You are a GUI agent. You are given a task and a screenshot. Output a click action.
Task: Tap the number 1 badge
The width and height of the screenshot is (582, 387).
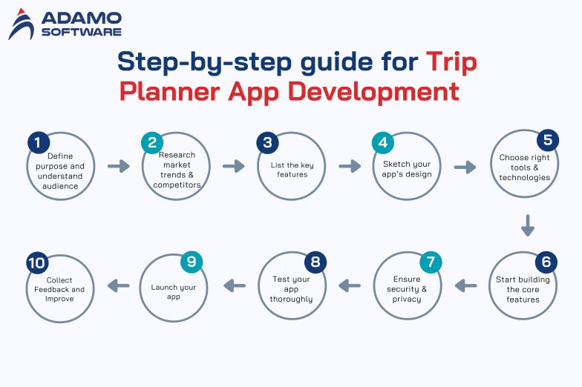[37, 142]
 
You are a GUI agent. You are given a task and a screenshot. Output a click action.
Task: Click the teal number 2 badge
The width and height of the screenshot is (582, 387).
[152, 142]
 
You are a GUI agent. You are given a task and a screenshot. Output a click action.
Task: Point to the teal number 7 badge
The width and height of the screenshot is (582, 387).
[430, 262]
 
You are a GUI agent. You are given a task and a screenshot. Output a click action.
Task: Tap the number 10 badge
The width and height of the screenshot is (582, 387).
[36, 262]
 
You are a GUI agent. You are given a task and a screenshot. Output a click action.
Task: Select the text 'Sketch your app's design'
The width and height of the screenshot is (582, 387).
[407, 169]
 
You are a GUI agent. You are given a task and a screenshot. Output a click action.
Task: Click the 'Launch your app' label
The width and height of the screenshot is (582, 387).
[174, 291]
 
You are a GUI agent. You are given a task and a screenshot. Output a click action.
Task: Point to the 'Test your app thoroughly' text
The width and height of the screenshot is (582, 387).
[290, 290]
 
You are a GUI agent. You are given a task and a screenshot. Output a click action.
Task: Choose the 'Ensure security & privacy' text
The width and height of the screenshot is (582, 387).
[407, 289]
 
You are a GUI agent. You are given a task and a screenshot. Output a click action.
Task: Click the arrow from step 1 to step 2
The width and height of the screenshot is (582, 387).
[118, 166]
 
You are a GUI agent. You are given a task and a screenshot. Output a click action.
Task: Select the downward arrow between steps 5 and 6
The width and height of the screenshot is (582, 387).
[528, 225]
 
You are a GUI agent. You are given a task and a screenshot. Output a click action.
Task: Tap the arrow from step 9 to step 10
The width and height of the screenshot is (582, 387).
[118, 285]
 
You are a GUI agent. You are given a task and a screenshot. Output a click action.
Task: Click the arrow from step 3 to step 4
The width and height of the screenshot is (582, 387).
[350, 166]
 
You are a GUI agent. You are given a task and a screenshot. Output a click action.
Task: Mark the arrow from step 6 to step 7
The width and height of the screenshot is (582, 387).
[465, 285]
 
